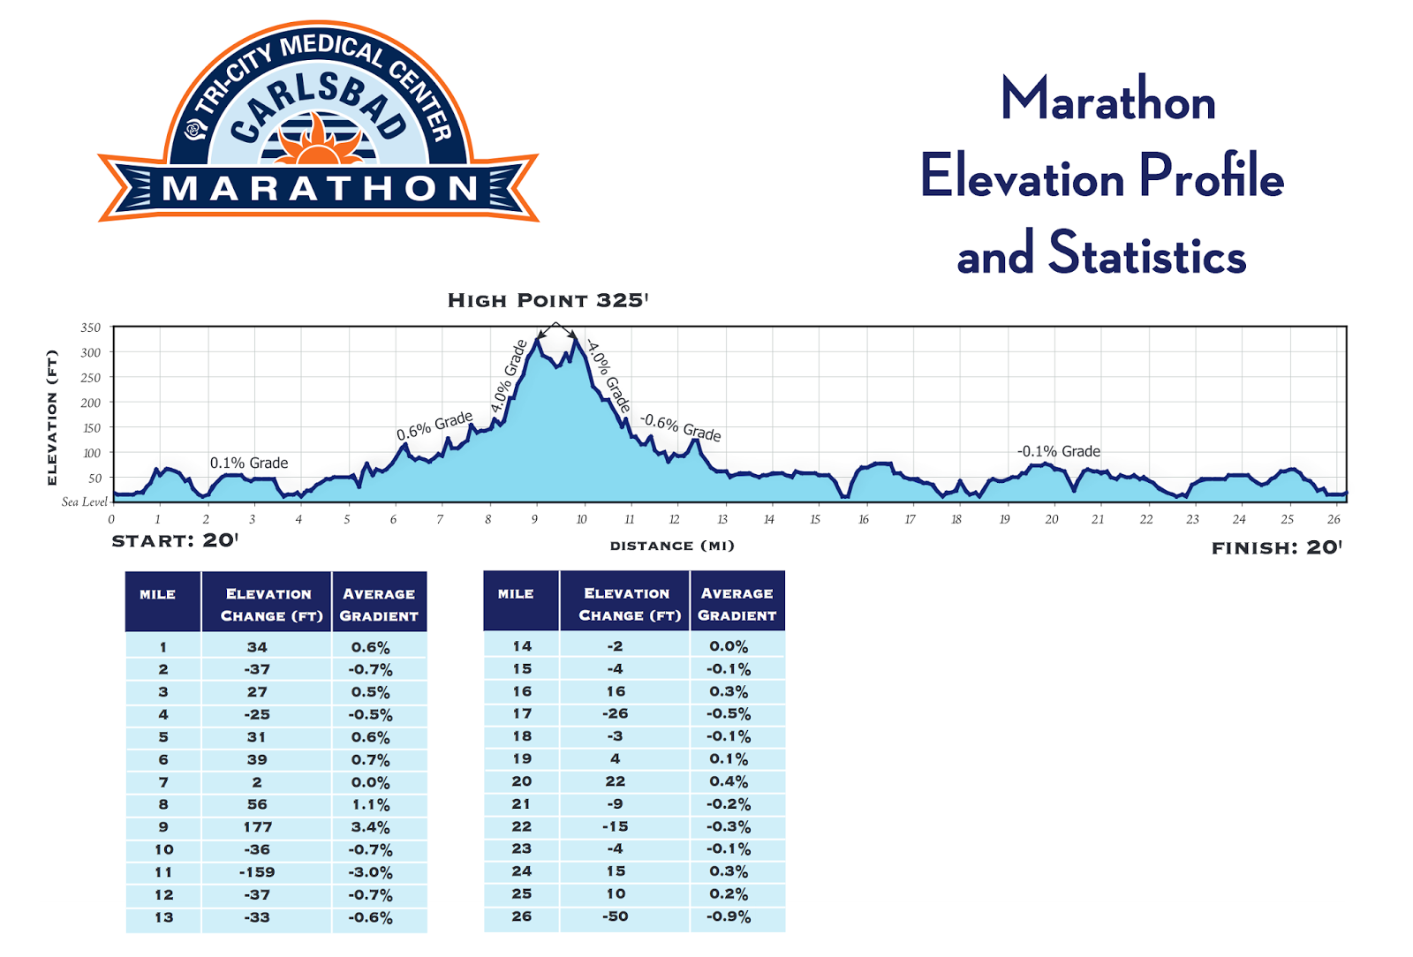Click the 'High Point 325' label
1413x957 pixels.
click(548, 300)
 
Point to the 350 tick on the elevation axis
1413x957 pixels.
click(91, 328)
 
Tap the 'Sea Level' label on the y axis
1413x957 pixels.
click(85, 501)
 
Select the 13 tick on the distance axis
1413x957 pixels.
click(722, 519)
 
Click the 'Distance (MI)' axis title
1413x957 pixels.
click(672, 546)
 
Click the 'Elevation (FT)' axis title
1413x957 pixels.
click(52, 418)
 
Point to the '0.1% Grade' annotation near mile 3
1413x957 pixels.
click(249, 463)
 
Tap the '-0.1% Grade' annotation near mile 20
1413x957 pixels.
click(1058, 451)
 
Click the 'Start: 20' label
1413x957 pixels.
click(175, 540)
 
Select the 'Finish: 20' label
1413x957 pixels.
click(1276, 547)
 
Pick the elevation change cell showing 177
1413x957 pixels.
click(258, 827)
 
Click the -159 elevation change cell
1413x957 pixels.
click(257, 872)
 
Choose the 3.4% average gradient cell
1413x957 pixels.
click(371, 827)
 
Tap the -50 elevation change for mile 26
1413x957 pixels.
click(616, 916)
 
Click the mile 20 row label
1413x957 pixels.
click(522, 781)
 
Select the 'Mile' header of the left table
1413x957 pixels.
click(158, 594)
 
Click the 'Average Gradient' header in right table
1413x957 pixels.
click(737, 604)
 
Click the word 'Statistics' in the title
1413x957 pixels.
click(1146, 254)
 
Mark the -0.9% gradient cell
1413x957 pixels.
click(729, 916)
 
